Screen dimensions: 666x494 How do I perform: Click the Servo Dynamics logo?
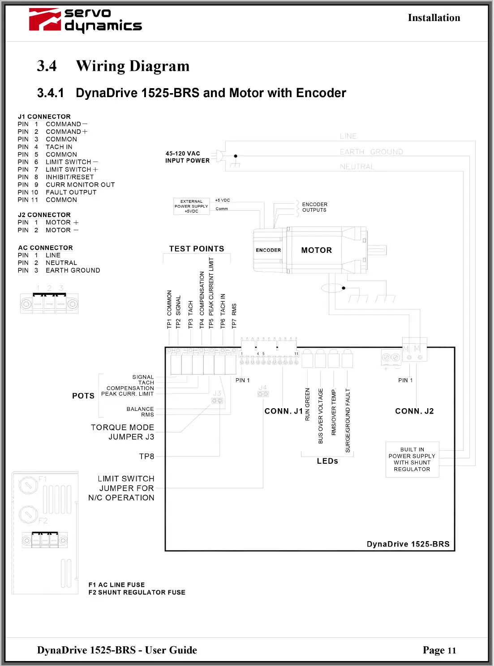pos(85,21)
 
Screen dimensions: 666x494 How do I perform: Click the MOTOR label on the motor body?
pos(316,250)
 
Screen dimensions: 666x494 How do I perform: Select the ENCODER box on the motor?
pos(268,250)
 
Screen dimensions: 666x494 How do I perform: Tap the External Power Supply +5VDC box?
pos(191,206)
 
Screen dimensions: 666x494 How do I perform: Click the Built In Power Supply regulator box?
pos(412,459)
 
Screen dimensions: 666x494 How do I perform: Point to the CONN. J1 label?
pos(284,411)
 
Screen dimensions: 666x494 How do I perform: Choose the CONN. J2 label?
pos(414,411)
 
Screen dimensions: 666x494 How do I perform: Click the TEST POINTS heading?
pos(197,249)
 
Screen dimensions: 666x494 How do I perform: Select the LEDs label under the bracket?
pos(327,461)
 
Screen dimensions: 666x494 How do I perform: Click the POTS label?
pos(83,396)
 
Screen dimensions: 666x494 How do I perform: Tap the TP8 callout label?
pos(146,457)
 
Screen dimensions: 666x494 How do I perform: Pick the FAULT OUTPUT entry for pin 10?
pos(71,192)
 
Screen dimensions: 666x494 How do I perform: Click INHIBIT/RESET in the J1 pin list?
pos(69,177)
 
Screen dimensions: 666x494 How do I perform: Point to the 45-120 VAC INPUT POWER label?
pos(187,157)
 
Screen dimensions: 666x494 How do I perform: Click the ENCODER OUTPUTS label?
pos(314,207)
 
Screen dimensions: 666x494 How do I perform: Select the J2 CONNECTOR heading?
pos(44,215)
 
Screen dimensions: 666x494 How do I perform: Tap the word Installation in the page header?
pos(434,18)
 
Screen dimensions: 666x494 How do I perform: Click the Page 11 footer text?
pos(439,650)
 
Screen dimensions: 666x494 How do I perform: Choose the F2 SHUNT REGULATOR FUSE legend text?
pos(137,593)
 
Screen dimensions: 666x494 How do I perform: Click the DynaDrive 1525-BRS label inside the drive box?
pos(408,544)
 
